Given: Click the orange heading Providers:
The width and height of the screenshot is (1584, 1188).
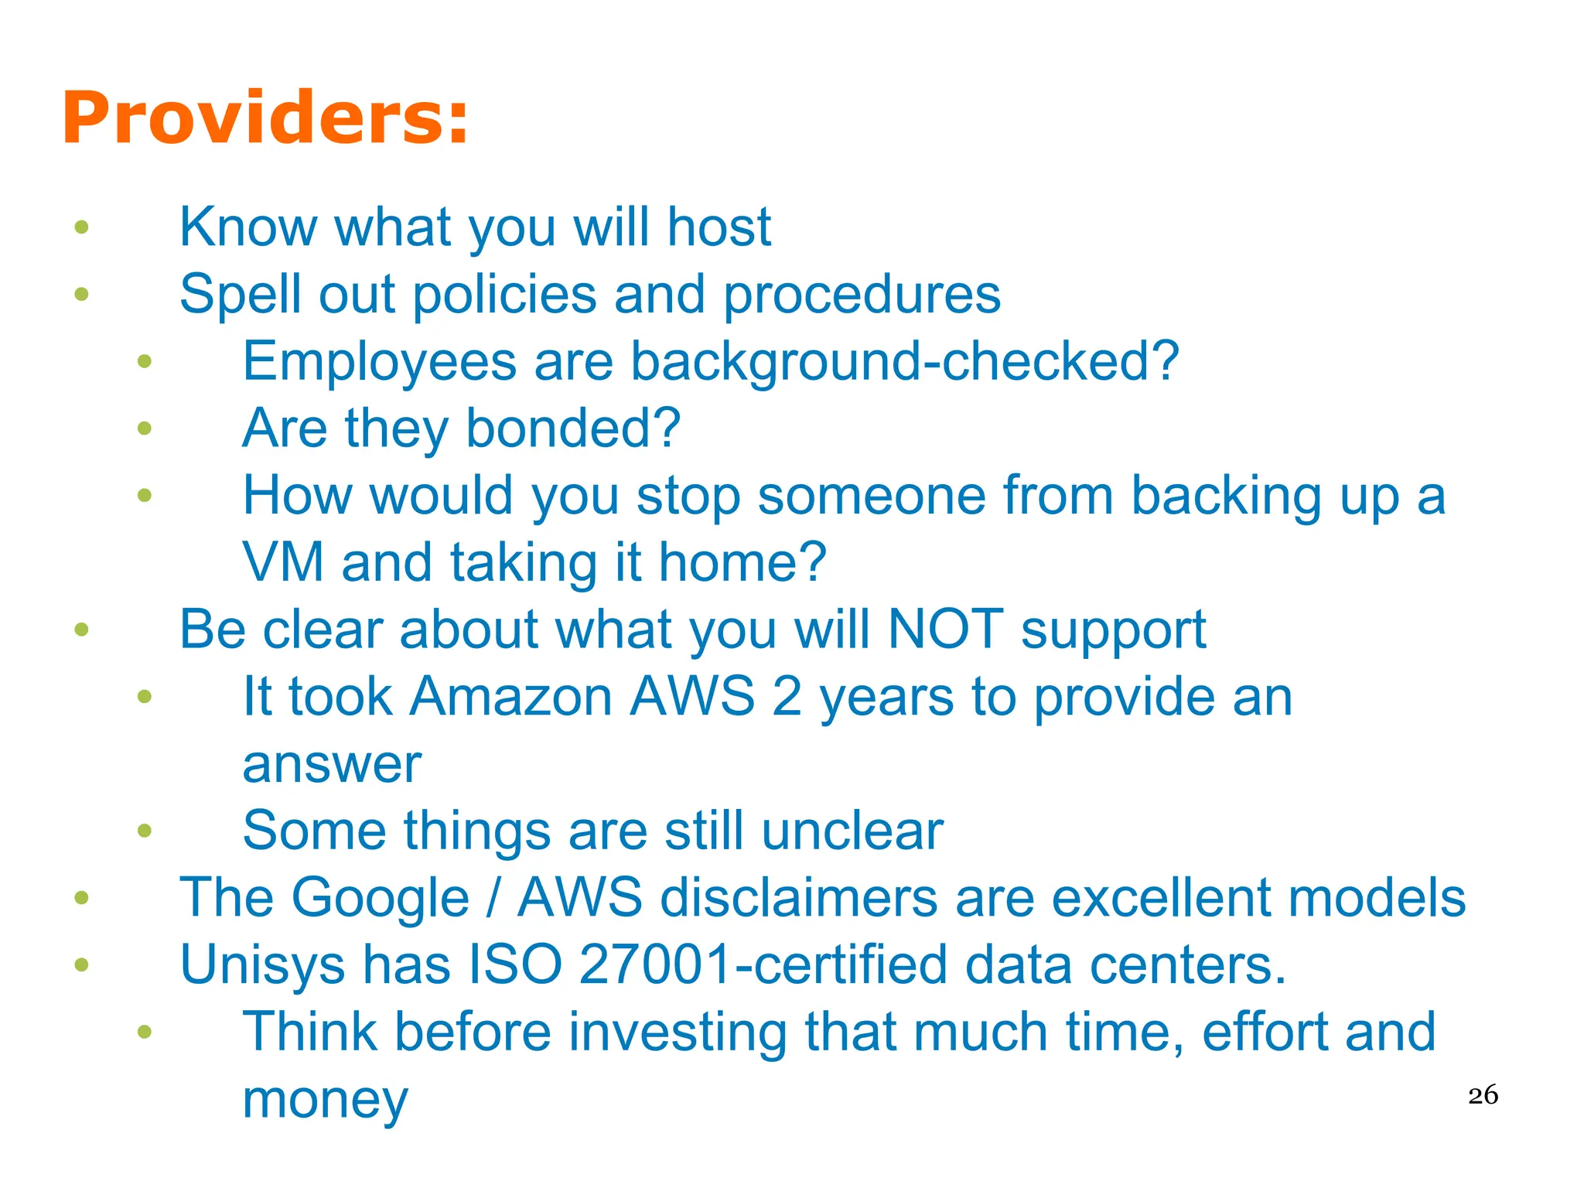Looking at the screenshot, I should pos(265,118).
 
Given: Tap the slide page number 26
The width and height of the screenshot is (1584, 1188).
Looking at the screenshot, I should pos(1483,1095).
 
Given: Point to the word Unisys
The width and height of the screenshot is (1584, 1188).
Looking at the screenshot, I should pos(261,966).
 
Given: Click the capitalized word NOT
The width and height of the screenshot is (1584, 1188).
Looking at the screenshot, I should pos(945,629).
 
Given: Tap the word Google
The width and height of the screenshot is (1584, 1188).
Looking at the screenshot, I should pos(380,898).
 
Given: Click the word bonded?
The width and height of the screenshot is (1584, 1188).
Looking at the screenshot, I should pos(573,428).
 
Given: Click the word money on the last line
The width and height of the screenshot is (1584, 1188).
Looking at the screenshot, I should pos(325,1100).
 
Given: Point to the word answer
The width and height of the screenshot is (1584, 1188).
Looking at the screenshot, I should pos(332,765).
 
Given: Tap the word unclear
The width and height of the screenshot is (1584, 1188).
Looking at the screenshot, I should pos(852,831).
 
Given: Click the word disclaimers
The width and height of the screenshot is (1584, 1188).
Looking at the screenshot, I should pos(799,898).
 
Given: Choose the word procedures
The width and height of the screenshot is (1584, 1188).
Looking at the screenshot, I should pos(862,295).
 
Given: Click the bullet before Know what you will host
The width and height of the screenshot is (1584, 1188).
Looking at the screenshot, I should pos(81,227).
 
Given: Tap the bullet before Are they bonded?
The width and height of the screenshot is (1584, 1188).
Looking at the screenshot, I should pos(145,428).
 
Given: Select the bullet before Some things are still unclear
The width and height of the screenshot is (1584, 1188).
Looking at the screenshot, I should pos(145,831).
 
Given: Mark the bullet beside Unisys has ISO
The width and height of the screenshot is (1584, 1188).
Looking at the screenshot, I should pos(81,965).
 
